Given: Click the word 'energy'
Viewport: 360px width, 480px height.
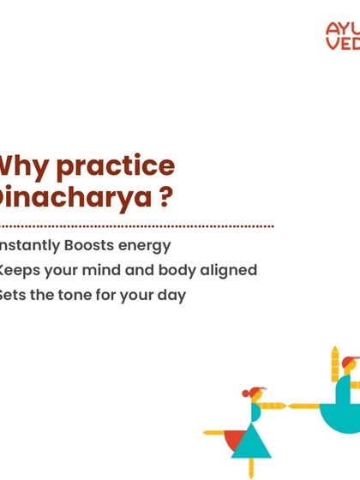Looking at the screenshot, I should (x=145, y=246).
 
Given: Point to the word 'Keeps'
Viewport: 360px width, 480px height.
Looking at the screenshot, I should (x=19, y=271).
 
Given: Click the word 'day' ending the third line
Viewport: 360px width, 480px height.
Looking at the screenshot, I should (x=172, y=297).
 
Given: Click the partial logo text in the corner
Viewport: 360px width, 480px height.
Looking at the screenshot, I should (x=342, y=37).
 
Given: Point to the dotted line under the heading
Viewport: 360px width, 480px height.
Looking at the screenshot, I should (x=137, y=226).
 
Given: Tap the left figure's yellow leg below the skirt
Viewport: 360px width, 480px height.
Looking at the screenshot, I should (x=251, y=466).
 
